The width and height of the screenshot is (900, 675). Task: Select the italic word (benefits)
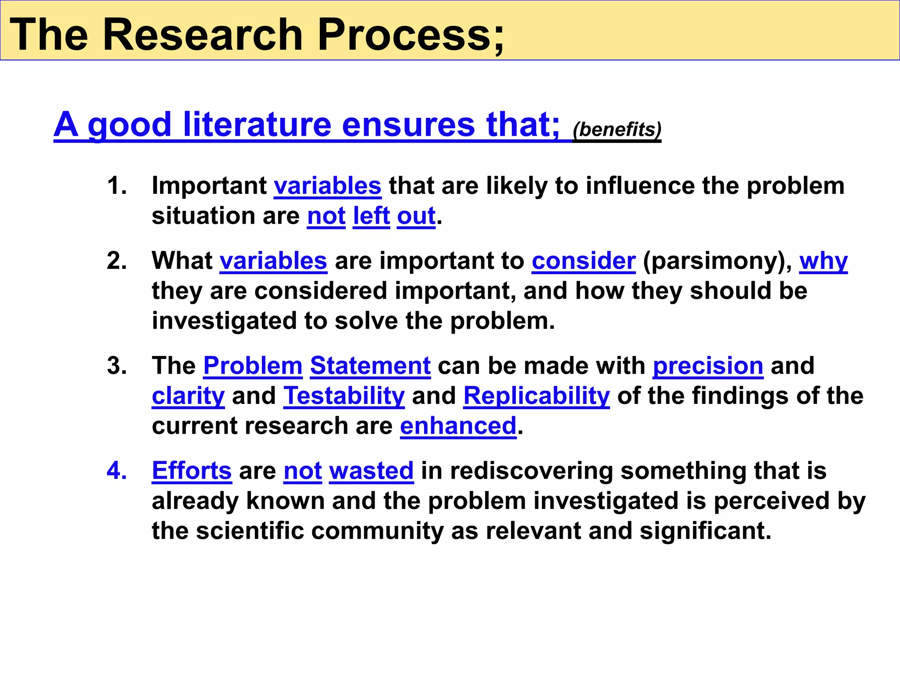(617, 129)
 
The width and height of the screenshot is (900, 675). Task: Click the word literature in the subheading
(257, 124)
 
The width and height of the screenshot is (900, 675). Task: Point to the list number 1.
(116, 185)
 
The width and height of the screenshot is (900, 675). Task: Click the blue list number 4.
(116, 471)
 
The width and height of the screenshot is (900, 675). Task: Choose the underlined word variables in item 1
(327, 185)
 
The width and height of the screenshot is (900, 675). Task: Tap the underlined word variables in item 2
(273, 261)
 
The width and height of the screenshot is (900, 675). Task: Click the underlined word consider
(584, 261)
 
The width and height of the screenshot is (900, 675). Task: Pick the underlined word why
(823, 261)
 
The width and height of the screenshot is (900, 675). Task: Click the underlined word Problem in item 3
(253, 366)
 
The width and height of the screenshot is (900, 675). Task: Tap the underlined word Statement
(370, 366)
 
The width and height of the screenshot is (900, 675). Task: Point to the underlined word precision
(708, 366)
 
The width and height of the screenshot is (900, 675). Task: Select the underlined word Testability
(344, 396)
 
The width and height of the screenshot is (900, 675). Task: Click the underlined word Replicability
(537, 396)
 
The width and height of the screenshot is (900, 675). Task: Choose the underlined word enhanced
(458, 426)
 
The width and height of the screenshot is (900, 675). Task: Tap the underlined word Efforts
(192, 471)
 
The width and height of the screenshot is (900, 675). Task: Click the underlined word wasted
(371, 471)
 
